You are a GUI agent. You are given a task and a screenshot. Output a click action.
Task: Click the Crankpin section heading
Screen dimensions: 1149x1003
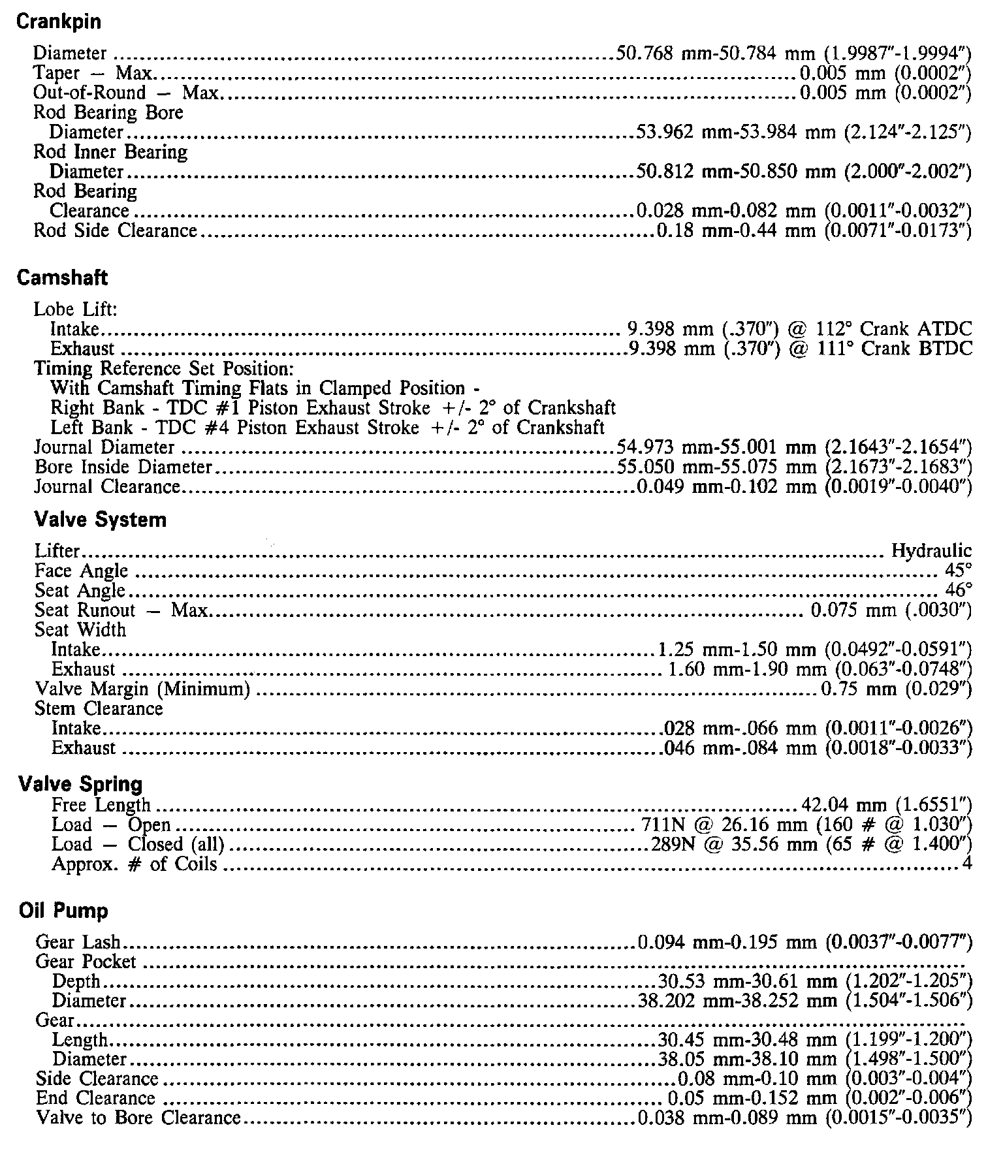[58, 22]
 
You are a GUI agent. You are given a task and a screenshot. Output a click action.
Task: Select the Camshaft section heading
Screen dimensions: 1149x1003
[62, 278]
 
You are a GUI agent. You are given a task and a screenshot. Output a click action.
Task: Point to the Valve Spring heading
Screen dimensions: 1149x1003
[80, 784]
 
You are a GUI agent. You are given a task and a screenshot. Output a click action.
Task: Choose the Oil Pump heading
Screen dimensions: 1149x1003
[63, 911]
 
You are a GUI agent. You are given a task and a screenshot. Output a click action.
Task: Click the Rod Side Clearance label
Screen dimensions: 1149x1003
[115, 231]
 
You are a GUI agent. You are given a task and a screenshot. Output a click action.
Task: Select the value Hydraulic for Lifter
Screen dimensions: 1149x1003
[931, 551]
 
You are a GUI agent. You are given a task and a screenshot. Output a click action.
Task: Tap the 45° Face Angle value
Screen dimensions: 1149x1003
[958, 571]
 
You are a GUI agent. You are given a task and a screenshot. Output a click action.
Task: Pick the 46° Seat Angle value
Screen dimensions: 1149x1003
[958, 590]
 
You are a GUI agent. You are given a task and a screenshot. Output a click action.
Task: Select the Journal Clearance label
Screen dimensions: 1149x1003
[107, 487]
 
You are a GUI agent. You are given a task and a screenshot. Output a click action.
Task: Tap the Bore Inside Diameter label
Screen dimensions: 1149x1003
[123, 467]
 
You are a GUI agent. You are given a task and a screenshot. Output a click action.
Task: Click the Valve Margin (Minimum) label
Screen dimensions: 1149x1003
[142, 689]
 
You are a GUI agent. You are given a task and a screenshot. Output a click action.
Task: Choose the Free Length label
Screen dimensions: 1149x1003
[101, 806]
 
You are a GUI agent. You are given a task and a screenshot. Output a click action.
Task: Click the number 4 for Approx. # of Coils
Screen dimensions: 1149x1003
[966, 864]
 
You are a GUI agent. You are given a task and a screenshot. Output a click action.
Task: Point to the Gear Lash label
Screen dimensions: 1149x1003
[78, 942]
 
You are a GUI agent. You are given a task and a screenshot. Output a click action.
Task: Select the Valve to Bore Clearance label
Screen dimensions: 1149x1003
[138, 1118]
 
